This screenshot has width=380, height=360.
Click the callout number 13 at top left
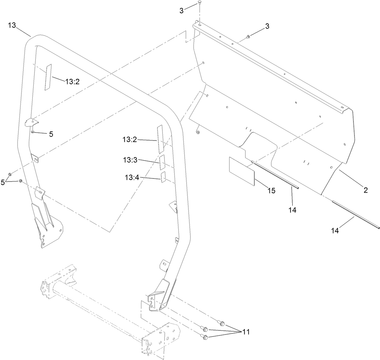(x=12, y=26)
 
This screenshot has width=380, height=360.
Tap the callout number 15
(x=271, y=191)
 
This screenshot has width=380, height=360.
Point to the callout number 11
(x=246, y=332)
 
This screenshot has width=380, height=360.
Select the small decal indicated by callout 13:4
(x=163, y=177)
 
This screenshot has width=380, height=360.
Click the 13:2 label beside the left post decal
(x=72, y=81)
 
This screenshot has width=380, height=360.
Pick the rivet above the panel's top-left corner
(x=200, y=3)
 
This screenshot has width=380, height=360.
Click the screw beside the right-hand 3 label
(x=248, y=36)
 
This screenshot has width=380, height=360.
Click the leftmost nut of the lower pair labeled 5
(x=10, y=174)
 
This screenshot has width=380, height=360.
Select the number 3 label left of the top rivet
(x=182, y=10)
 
